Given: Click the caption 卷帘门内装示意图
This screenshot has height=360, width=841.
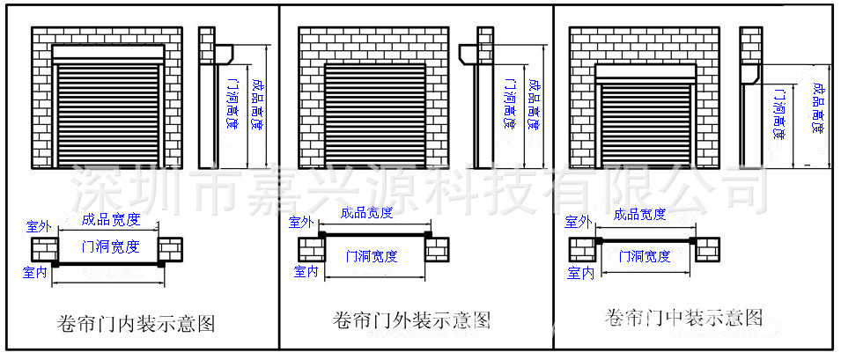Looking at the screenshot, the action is [136, 324].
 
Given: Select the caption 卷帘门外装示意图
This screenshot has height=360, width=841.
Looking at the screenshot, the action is [412, 320].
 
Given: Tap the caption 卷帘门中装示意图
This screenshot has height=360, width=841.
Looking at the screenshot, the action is [684, 318].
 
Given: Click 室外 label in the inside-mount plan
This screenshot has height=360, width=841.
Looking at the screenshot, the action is [39, 226].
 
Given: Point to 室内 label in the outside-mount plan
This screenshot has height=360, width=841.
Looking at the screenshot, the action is [306, 272].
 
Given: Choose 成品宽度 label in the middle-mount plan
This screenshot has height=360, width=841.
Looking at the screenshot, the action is [640, 215].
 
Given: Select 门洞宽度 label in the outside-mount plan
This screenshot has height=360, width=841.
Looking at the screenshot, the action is [372, 256].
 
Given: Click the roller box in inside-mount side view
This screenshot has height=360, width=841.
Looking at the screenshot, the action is [225, 55].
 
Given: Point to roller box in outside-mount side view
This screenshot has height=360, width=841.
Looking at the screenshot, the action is [468, 55].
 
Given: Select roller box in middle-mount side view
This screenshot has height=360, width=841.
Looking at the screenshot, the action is [750, 75].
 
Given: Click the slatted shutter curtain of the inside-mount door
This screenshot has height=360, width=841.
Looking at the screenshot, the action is [108, 115].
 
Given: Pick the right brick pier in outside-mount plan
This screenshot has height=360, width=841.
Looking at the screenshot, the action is [437, 250].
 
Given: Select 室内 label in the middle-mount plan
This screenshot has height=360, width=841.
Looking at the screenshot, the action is [580, 273].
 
